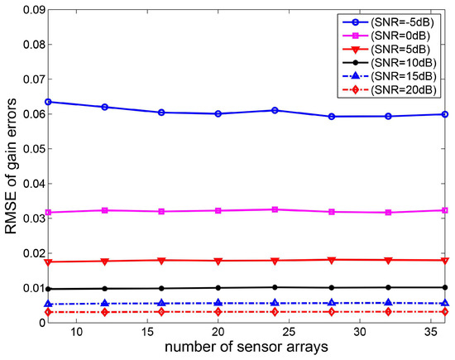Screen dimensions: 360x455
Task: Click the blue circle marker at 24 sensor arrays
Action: [275, 110]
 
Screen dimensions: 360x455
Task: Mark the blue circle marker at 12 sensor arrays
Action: [104, 107]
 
